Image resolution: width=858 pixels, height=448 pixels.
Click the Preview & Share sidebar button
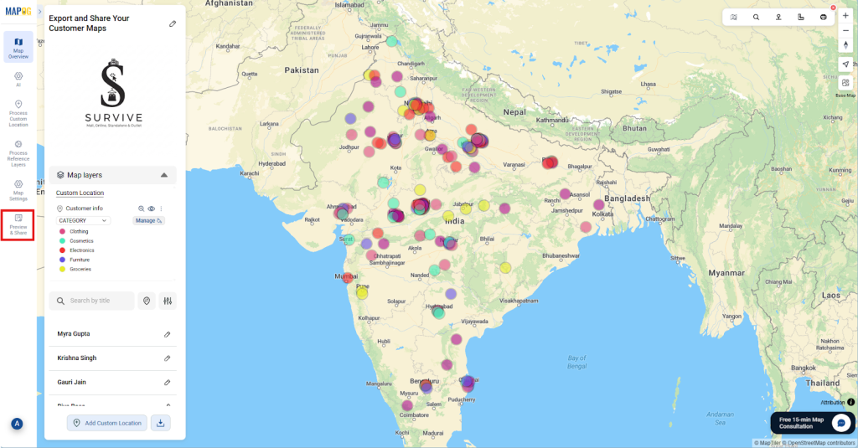coord(18,224)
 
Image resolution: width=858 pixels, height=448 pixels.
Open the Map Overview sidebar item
coord(18,47)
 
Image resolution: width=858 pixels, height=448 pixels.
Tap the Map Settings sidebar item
coord(18,190)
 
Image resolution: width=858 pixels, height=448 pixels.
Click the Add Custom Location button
coord(107,423)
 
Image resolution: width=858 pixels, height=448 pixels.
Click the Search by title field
coord(92,301)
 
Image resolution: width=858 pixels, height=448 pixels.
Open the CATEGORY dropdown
coord(83,220)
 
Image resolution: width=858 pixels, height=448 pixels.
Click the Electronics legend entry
coord(82,250)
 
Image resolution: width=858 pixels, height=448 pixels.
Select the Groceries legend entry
coord(80,269)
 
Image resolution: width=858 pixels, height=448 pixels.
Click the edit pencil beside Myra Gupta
coord(167,334)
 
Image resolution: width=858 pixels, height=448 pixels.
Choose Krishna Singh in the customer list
coord(77,358)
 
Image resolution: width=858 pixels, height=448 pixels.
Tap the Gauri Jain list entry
coord(72,382)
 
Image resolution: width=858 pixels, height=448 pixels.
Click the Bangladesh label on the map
coord(624,198)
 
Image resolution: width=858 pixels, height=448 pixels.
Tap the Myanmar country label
coord(726,273)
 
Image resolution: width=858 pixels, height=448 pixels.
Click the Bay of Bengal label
coord(576,362)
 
